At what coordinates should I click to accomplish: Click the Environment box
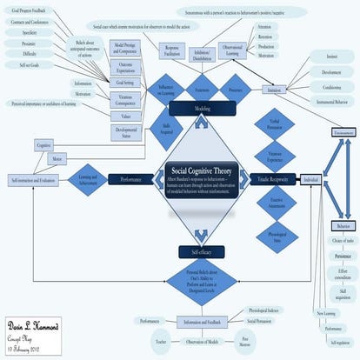pyautogui.click(x=345, y=131)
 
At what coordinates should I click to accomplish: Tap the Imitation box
pyautogui.click(x=276, y=90)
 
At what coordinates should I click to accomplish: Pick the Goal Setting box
pyautogui.click(x=124, y=81)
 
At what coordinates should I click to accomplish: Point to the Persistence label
pyautogui.click(x=343, y=257)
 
